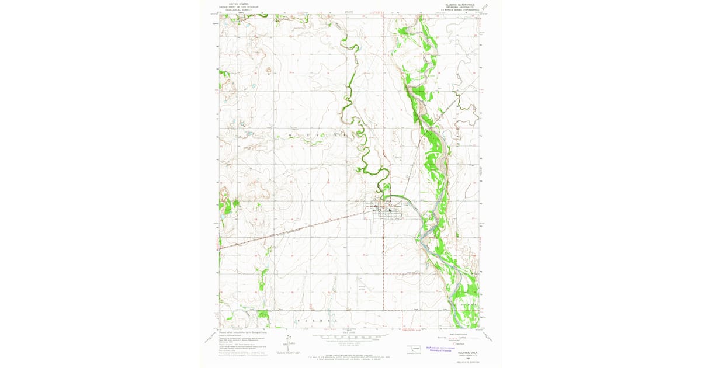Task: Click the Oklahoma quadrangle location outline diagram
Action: [x=415, y=348]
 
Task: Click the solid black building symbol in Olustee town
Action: [x=390, y=210]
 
